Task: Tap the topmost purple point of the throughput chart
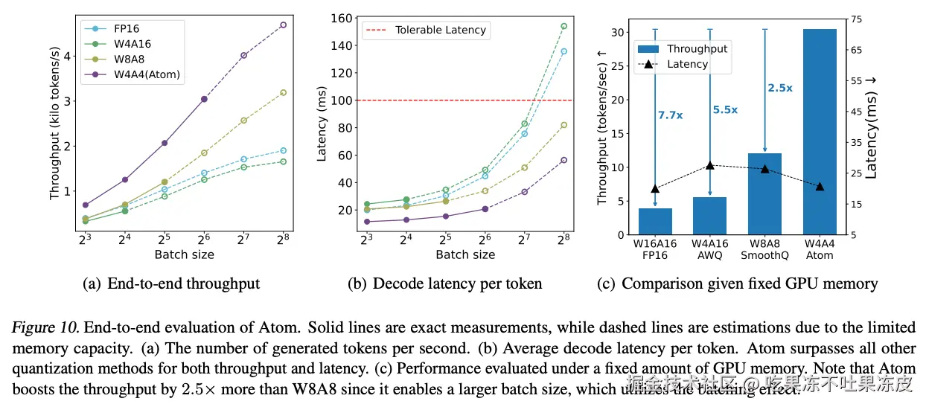click(x=283, y=25)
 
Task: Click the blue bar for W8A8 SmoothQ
click(x=764, y=193)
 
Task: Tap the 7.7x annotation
click(x=671, y=115)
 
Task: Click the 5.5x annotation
click(x=724, y=109)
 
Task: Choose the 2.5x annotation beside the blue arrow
click(x=779, y=88)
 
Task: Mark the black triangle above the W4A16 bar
click(x=709, y=165)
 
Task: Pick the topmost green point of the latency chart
click(x=563, y=26)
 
